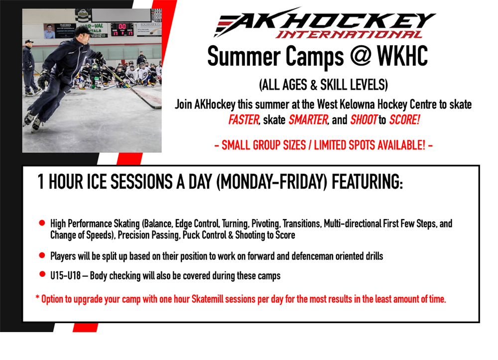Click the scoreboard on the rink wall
coord(123,29)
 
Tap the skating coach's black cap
coord(83,31)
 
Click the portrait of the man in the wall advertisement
coord(49,31)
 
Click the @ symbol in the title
coord(360,56)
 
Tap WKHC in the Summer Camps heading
coord(402,56)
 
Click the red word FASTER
coord(244,120)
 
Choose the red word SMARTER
coord(308,120)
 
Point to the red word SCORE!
coord(404,120)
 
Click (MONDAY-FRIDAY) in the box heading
coord(271,182)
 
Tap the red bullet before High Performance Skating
coord(42,223)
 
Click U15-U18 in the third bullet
coord(65,275)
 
